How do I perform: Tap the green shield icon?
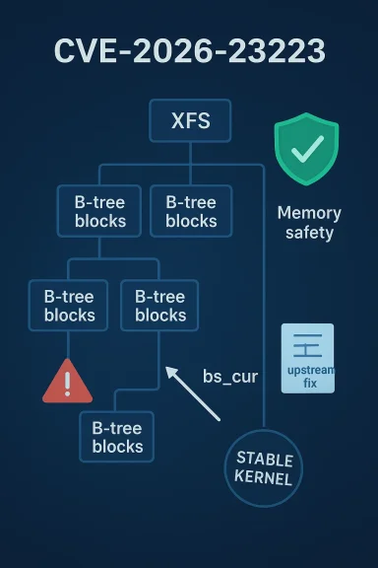click(305, 149)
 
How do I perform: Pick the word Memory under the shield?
click(309, 213)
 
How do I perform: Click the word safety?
click(309, 234)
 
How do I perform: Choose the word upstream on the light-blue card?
click(307, 369)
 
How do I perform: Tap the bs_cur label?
click(230, 376)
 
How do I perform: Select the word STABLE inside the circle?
click(264, 460)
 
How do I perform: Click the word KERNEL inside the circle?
click(264, 478)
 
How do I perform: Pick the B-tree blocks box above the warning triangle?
click(69, 305)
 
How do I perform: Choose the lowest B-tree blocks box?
click(117, 437)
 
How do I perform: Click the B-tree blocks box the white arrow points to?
click(159, 305)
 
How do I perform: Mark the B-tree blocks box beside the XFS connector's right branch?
click(191, 210)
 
